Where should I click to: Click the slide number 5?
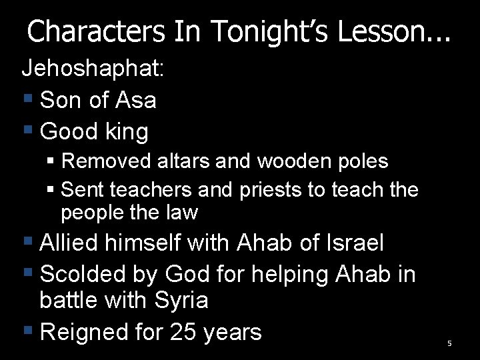click(449, 343)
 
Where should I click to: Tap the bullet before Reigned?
click(28, 329)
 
